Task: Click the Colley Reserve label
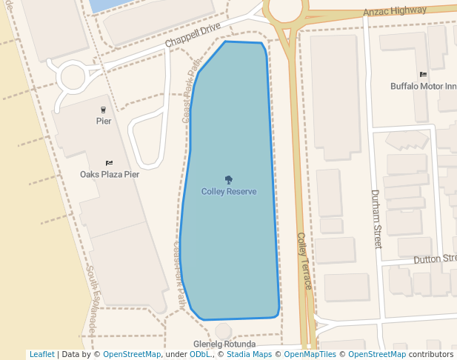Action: pyautogui.click(x=229, y=191)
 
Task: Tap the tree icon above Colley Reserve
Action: pyautogui.click(x=229, y=179)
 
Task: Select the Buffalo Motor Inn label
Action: pyautogui.click(x=423, y=86)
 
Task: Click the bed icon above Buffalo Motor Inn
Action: pyautogui.click(x=423, y=75)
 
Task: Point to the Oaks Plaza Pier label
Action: pyautogui.click(x=110, y=175)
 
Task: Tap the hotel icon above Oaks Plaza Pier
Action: pyautogui.click(x=110, y=163)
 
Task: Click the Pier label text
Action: pyautogui.click(x=104, y=121)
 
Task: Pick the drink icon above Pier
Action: pyautogui.click(x=103, y=110)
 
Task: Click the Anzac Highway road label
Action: pyautogui.click(x=395, y=11)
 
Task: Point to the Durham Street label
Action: pyautogui.click(x=376, y=219)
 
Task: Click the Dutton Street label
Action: pyautogui.click(x=435, y=259)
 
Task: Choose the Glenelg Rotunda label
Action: pyautogui.click(x=224, y=344)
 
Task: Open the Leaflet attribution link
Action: pyautogui.click(x=41, y=355)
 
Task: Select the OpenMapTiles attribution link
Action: pyautogui.click(x=307, y=355)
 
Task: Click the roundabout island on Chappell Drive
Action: pyautogui.click(x=73, y=76)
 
